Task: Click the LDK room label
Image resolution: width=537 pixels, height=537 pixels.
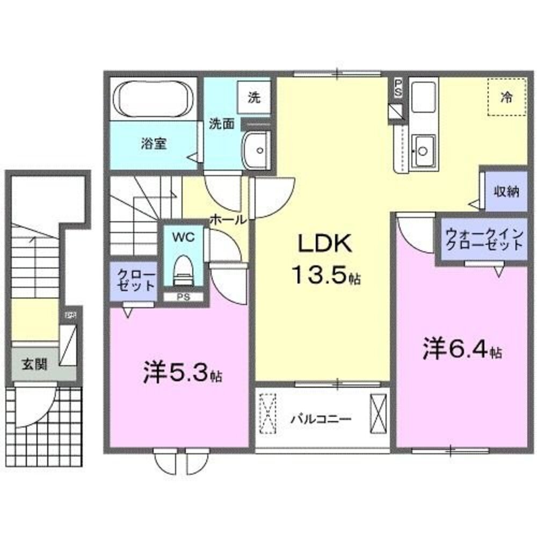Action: pos(324,245)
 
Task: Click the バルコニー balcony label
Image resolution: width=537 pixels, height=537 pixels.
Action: pos(322,418)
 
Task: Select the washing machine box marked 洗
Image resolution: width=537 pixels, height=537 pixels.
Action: pos(254,98)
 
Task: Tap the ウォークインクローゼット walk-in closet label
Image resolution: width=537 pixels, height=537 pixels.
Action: pos(484,239)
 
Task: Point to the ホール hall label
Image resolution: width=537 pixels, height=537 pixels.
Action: pos(228,219)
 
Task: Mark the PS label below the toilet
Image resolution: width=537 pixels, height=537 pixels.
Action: pos(183,297)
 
